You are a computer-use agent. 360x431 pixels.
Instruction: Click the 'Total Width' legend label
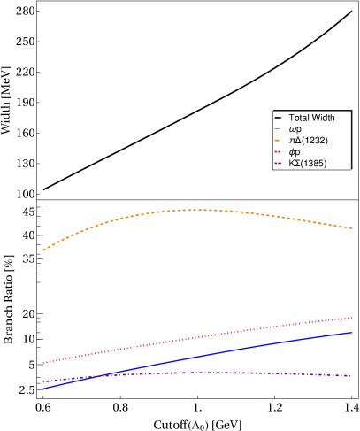pos(311,118)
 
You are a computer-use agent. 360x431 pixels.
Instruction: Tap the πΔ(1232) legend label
pos(304,141)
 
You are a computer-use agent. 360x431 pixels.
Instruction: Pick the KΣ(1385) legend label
pos(308,164)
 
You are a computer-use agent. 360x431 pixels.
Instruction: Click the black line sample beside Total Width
pos(279,118)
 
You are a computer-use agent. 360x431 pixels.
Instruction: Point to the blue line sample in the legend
pos(279,129)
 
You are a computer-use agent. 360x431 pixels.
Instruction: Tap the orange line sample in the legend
pos(279,141)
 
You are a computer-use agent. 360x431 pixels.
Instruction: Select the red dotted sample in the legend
pos(279,152)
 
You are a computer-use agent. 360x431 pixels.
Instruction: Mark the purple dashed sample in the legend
pos(279,164)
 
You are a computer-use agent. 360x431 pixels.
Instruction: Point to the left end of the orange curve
pos(42,250)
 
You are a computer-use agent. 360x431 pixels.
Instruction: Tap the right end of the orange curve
pos(352,228)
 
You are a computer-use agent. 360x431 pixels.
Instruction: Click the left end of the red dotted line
pos(42,363)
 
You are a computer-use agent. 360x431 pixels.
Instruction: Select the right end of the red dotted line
pos(352,317)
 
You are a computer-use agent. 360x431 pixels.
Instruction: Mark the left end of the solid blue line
pos(42,389)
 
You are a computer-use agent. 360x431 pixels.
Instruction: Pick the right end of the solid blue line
pos(352,333)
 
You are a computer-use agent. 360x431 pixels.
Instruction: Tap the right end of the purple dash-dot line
pos(352,376)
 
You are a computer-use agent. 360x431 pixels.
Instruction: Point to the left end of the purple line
pos(42,382)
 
